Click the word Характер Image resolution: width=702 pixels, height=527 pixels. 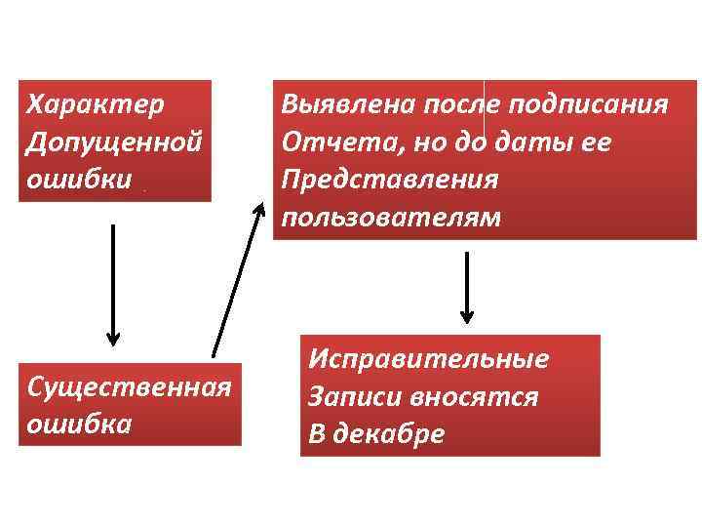click(x=96, y=102)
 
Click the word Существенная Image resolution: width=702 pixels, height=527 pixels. click(x=129, y=385)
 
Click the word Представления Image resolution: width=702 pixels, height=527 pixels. click(x=388, y=181)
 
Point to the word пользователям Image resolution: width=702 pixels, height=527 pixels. click(x=390, y=217)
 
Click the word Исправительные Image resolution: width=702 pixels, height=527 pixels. click(x=428, y=358)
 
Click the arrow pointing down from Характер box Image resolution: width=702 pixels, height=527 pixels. click(x=113, y=283)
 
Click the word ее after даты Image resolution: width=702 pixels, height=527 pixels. click(x=598, y=142)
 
